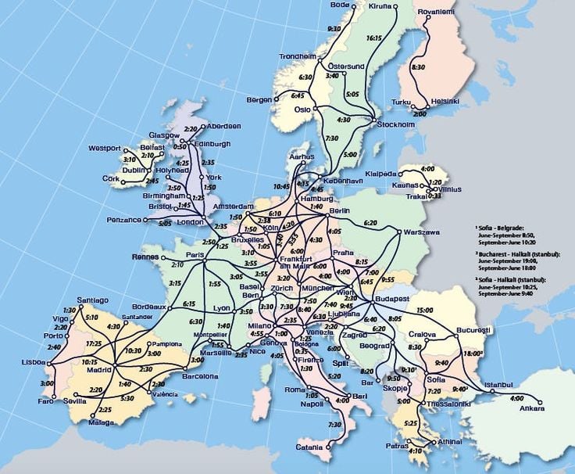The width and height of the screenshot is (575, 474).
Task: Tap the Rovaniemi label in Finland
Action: point(436,13)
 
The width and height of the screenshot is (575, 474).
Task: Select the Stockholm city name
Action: point(395,125)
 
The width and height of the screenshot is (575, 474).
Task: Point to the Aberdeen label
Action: point(224,126)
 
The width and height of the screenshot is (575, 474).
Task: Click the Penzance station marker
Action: point(145,220)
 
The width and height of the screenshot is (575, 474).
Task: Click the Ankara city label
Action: point(530,408)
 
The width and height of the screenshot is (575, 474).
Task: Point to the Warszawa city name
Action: point(422,232)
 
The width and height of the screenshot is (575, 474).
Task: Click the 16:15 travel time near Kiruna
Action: point(373,38)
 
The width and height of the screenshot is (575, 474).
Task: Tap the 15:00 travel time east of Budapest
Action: point(425,311)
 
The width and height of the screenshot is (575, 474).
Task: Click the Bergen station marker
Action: point(276,100)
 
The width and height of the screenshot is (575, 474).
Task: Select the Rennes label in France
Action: point(145,257)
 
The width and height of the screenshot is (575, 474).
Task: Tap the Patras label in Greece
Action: point(396,446)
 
